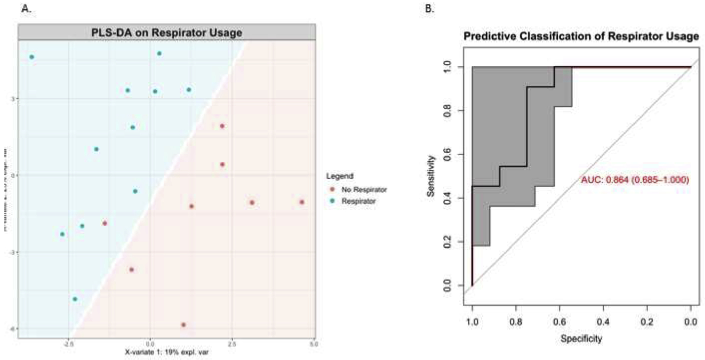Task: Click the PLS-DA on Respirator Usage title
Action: coord(167,33)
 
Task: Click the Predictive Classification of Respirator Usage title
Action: coord(581,36)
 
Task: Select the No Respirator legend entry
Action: coord(364,190)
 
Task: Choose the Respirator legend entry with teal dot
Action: coord(358,201)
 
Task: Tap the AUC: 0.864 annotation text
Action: coord(635,180)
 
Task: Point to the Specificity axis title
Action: coord(581,339)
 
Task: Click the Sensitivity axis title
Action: coord(431,176)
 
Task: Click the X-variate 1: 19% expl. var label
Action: coord(167,352)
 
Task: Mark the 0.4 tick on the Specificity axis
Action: coord(603,322)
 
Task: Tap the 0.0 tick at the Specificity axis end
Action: coord(690,322)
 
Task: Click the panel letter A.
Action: coord(26,9)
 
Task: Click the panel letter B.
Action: coord(429,9)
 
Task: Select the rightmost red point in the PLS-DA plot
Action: coord(302,202)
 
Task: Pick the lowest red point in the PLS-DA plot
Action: coord(183,325)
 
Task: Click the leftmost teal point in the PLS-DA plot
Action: coord(32,57)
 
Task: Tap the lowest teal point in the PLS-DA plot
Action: coord(75,299)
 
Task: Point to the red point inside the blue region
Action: coord(105,223)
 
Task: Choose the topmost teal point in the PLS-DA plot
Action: coord(159,54)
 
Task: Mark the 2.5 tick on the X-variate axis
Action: coord(232,344)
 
